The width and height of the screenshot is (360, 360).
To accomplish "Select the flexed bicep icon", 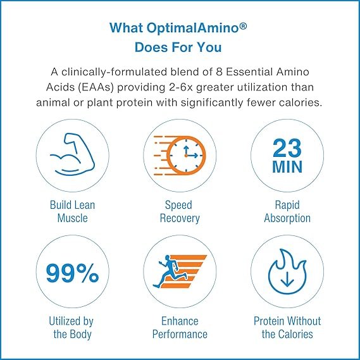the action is [72, 154].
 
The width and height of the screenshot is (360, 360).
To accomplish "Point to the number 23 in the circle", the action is [287, 148].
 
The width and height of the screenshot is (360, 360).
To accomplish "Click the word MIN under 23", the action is [287, 167].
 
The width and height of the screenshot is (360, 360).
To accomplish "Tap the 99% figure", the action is [72, 273].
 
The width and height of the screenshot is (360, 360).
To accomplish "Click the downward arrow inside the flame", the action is [287, 280].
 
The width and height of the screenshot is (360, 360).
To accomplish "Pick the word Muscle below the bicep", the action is [72, 218].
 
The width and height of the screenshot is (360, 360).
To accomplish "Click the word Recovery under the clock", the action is [180, 218].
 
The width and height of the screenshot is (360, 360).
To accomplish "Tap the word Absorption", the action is [287, 218].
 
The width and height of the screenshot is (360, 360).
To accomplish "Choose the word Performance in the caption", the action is [180, 334].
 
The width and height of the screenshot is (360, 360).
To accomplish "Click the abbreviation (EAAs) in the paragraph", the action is [96, 87].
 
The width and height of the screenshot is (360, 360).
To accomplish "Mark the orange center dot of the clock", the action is [186, 156].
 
